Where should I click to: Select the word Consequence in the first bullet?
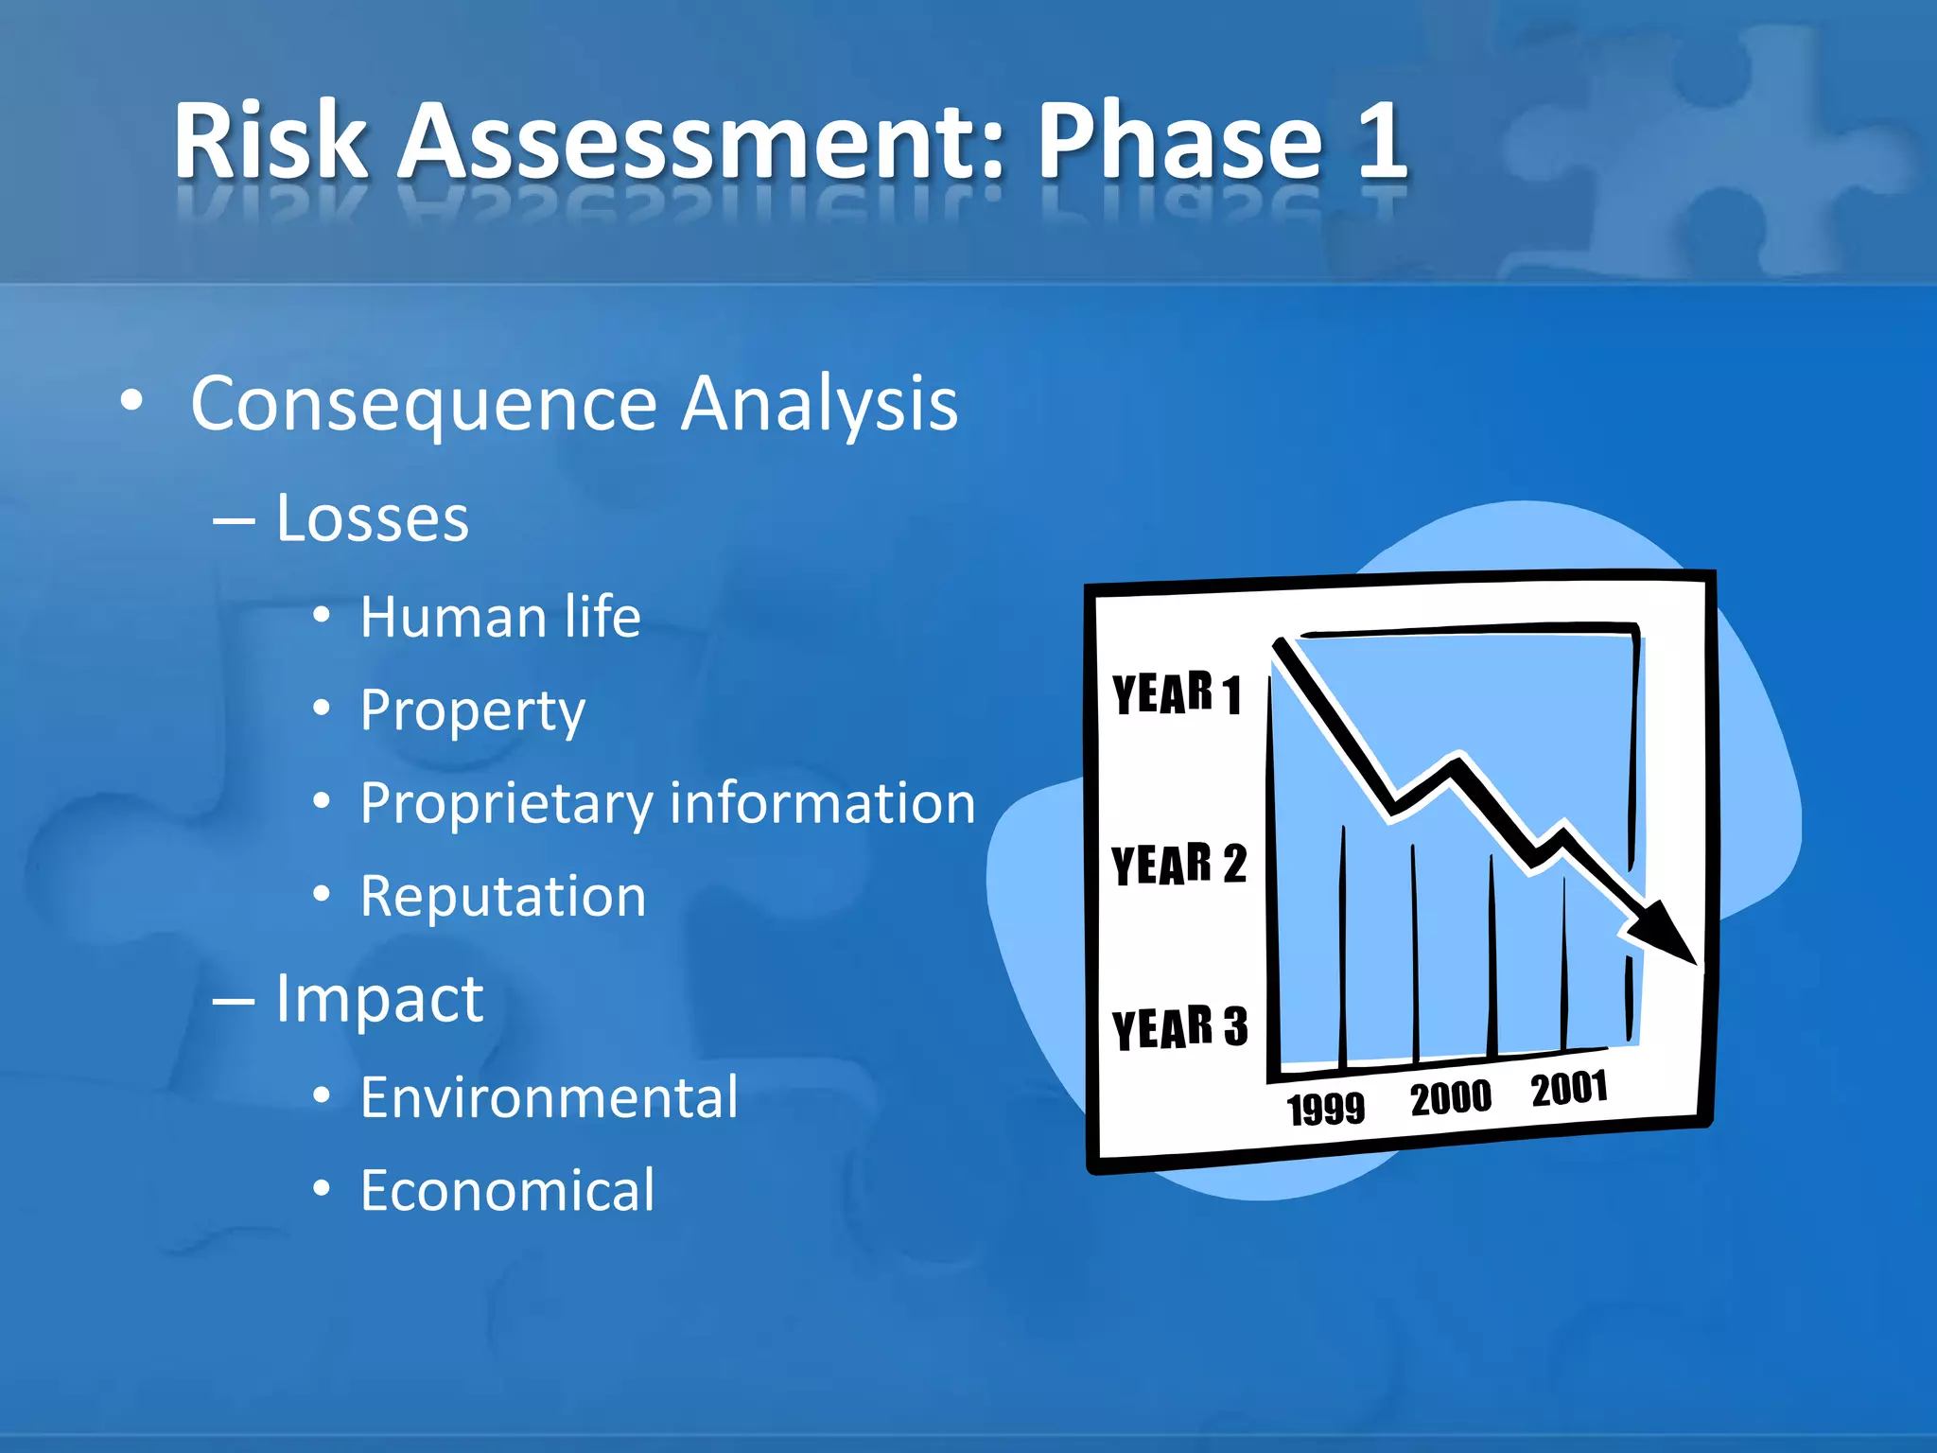pyautogui.click(x=424, y=404)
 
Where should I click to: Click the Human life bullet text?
pyautogui.click(x=500, y=617)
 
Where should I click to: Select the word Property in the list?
pyautogui.click(x=472, y=711)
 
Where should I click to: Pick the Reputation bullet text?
pyautogui.click(x=503, y=896)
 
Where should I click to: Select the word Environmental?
pyautogui.click(x=549, y=1097)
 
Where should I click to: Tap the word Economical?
pyautogui.click(x=507, y=1190)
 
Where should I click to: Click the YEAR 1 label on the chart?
pyautogui.click(x=1176, y=693)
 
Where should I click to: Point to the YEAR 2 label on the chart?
pyautogui.click(x=1178, y=864)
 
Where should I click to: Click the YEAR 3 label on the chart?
pyautogui.click(x=1179, y=1027)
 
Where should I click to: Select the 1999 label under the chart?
pyautogui.click(x=1325, y=1108)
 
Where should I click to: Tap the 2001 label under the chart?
pyautogui.click(x=1569, y=1089)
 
